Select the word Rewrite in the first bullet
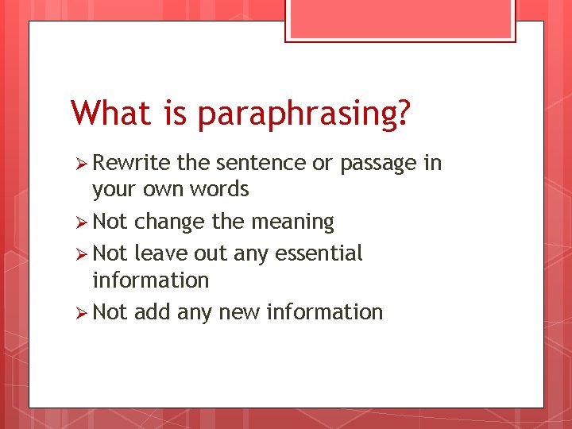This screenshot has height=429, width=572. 132,163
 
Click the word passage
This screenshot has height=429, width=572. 378,164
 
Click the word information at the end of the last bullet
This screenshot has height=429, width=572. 325,312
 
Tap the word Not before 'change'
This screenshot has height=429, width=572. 110,222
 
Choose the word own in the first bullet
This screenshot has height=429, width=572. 157,190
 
